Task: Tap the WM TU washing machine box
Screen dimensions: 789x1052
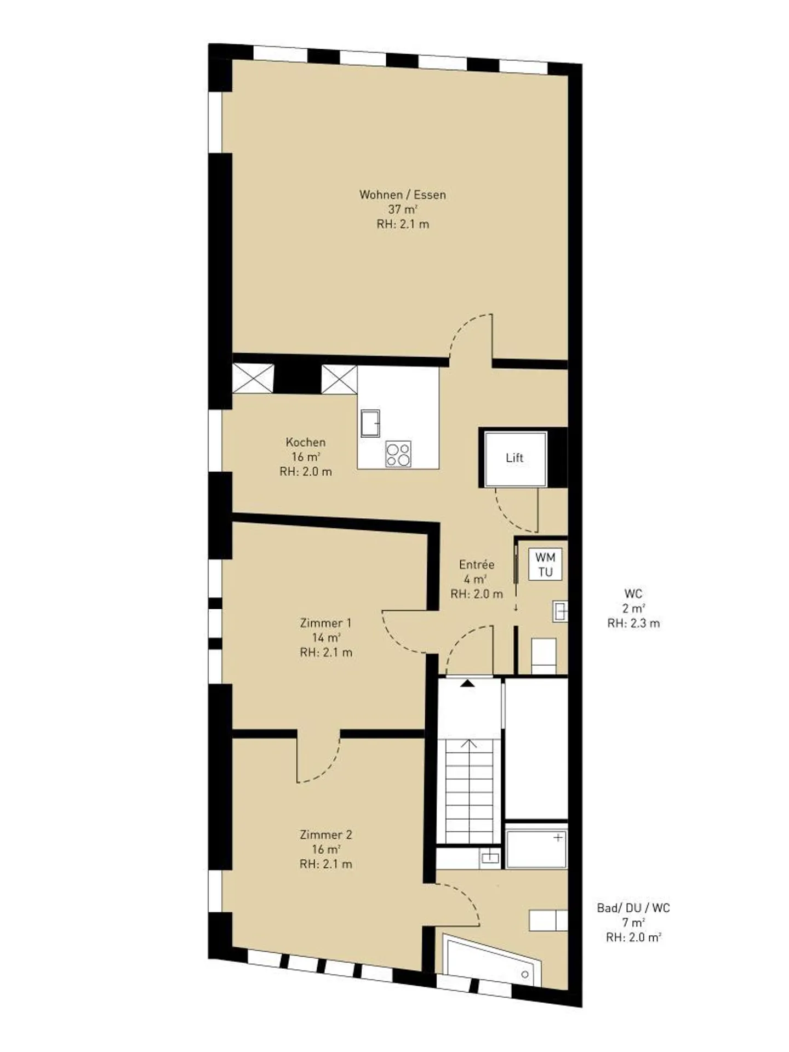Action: tap(545, 564)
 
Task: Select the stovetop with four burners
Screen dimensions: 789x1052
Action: tap(398, 454)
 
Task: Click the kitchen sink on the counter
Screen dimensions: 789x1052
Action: tap(370, 422)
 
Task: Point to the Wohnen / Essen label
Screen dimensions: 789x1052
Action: tap(403, 195)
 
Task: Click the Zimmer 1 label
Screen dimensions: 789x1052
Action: tap(326, 623)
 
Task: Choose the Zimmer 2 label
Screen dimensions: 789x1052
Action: tap(326, 835)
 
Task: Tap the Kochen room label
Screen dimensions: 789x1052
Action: tap(306, 442)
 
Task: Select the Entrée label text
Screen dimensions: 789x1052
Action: tap(477, 564)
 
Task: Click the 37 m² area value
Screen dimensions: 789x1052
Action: tap(403, 209)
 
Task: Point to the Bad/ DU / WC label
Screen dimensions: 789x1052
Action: tap(633, 908)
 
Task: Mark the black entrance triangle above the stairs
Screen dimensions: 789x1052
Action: tap(467, 683)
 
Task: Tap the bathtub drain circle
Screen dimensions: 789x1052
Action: tap(525, 975)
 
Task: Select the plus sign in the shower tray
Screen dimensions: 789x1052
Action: tap(558, 838)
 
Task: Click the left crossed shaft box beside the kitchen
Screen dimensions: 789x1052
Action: tap(253, 379)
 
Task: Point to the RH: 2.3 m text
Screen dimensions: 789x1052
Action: tap(633, 623)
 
